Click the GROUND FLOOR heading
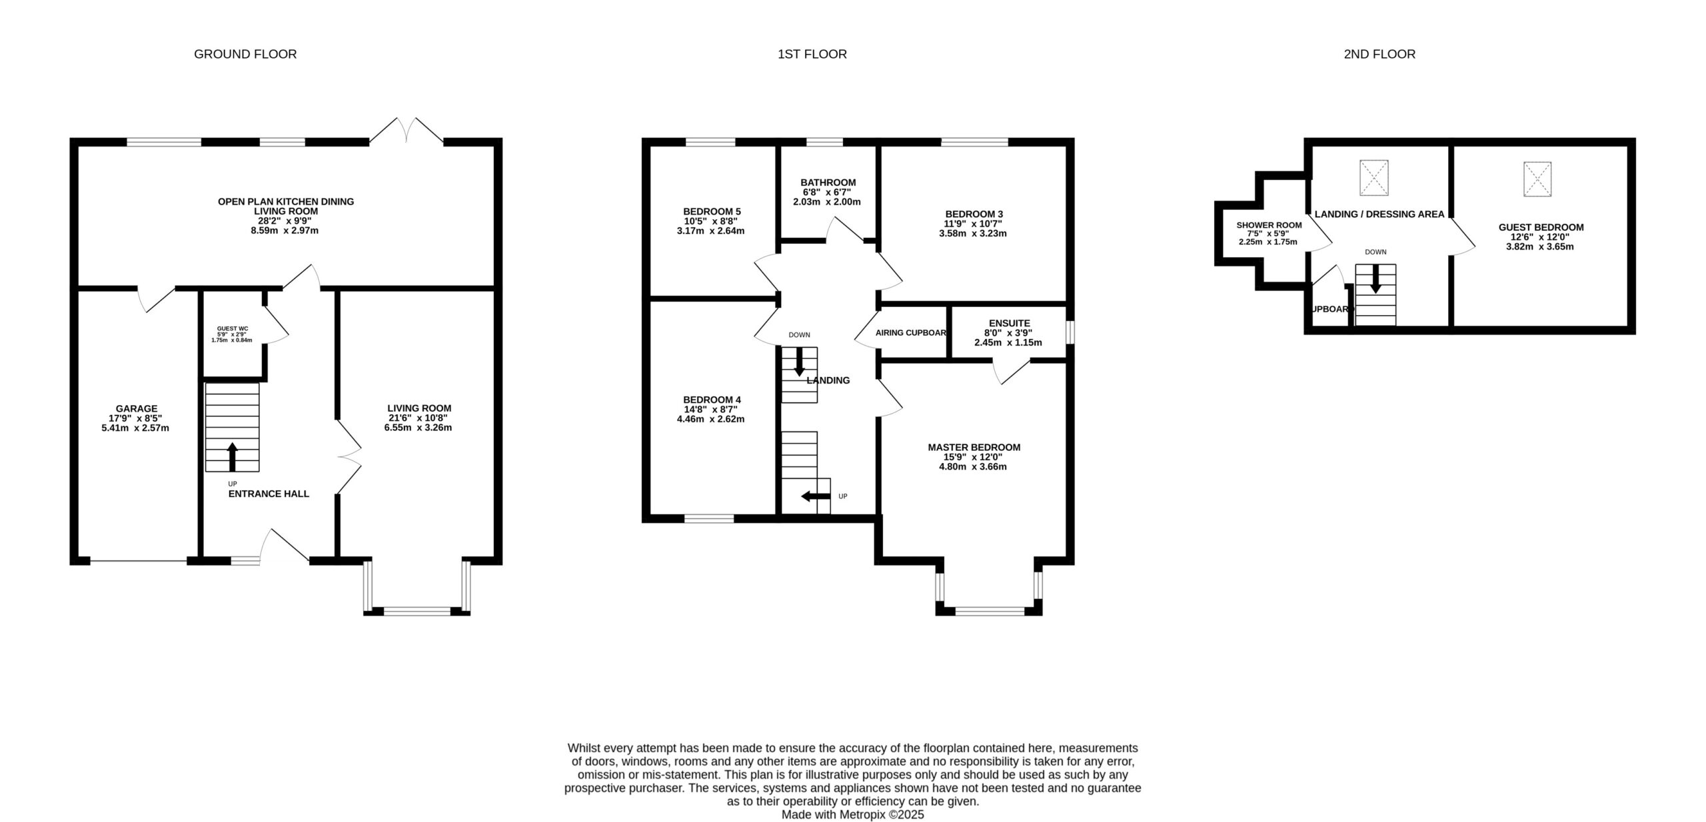tap(245, 54)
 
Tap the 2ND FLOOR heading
tap(1379, 54)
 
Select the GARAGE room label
tap(137, 408)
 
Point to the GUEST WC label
tap(233, 328)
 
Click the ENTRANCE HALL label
tap(269, 494)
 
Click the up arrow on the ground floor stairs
tap(233, 456)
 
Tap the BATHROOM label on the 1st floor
tap(828, 182)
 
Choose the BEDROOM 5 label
tap(712, 211)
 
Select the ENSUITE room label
tap(1010, 323)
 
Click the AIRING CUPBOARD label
tap(911, 332)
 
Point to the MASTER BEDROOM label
tap(974, 447)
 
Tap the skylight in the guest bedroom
tap(1537, 179)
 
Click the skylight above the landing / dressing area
tap(1374, 178)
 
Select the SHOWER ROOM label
tap(1269, 225)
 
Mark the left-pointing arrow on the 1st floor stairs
tap(816, 496)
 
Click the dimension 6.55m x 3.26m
tap(418, 428)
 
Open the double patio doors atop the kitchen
tap(407, 131)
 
